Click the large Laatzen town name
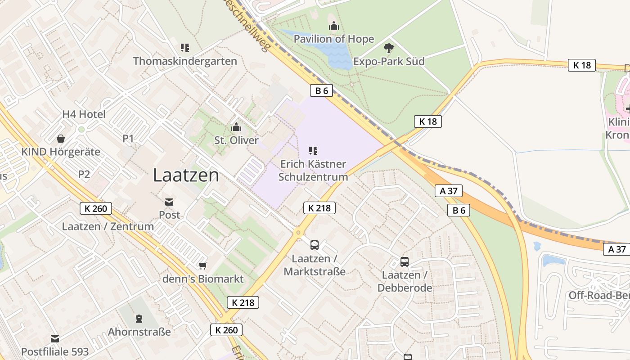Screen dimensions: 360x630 (x=186, y=175)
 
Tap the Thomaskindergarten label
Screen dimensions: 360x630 (x=185, y=61)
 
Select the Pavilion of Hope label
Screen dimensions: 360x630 (x=333, y=39)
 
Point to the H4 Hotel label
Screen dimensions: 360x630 (x=84, y=114)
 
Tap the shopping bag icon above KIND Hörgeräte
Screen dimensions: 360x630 (x=60, y=139)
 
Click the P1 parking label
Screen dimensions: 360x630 (x=128, y=139)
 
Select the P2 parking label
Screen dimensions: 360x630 (x=84, y=175)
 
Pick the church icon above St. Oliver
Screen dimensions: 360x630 (x=236, y=127)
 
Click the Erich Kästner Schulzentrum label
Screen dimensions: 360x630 (x=313, y=170)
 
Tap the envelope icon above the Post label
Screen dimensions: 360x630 (x=169, y=202)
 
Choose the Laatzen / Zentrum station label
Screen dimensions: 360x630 (x=108, y=226)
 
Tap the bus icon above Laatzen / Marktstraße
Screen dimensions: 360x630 (x=315, y=245)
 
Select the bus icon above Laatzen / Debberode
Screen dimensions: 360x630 (x=405, y=262)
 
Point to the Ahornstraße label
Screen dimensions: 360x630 (x=139, y=332)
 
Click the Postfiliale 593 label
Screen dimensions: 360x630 (x=55, y=351)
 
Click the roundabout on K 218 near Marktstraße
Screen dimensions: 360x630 (x=297, y=233)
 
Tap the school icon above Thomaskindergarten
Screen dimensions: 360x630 (x=184, y=48)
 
